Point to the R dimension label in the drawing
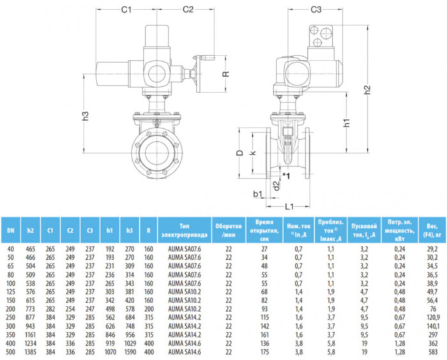pyautogui.click(x=225, y=73)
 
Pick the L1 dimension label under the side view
pyautogui.click(x=289, y=207)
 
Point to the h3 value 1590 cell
pyautogui.click(x=130, y=352)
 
